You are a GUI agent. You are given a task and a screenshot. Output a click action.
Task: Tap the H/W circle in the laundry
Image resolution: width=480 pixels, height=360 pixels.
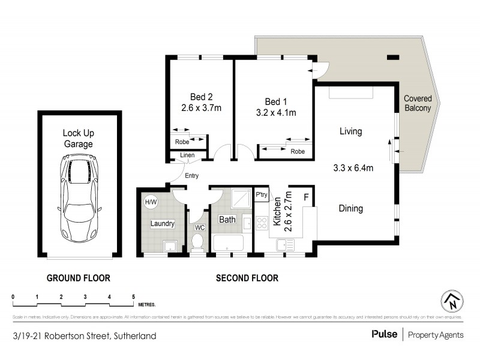point(149,202)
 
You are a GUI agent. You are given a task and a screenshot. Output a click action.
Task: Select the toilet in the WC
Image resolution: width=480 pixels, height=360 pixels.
point(196,242)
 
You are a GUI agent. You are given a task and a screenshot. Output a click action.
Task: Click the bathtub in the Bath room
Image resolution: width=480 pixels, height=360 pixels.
point(227,244)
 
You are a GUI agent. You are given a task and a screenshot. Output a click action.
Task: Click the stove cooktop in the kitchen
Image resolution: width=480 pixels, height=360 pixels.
point(262,223)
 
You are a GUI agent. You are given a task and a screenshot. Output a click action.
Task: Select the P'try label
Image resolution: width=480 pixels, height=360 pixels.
point(262,195)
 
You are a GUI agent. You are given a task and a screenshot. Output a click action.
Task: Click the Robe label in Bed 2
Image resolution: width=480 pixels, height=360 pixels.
point(182,142)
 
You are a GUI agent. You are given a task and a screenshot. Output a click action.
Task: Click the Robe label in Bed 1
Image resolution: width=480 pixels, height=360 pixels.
point(297,152)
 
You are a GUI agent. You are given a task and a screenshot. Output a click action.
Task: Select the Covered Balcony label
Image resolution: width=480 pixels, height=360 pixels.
point(417,103)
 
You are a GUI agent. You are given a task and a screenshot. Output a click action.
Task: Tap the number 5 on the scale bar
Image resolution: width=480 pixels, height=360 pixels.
point(133,297)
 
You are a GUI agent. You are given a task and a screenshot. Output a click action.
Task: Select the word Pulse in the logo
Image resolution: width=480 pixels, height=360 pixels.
point(383,335)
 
